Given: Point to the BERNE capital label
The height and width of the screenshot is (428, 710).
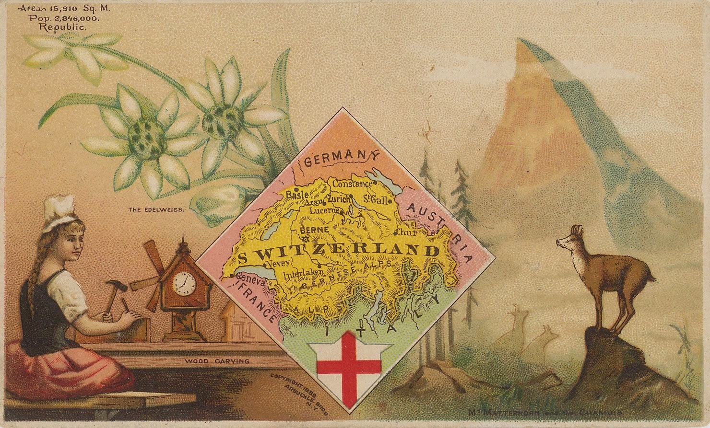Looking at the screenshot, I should pyautogui.click(x=314, y=230).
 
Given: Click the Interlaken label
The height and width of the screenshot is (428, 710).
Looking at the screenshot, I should pyautogui.click(x=300, y=275).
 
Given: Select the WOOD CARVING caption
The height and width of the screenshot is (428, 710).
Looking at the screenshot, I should pyautogui.click(x=217, y=361).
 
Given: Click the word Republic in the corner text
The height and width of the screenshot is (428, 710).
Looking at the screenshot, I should pyautogui.click(x=63, y=27).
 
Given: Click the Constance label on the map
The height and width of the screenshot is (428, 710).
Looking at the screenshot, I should pyautogui.click(x=352, y=184).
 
